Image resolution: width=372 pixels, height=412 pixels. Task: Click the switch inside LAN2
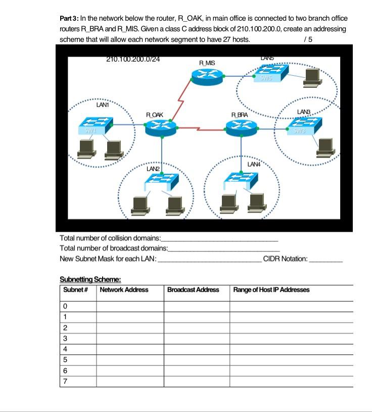click(x=162, y=180)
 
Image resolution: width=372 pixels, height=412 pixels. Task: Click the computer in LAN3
click(x=324, y=146)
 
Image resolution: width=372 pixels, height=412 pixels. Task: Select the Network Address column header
click(x=124, y=290)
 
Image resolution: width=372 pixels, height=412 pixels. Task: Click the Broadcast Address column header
click(x=193, y=290)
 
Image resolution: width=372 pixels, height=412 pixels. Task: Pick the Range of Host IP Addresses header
click(x=271, y=290)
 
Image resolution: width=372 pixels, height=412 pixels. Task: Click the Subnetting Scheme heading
click(x=90, y=279)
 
